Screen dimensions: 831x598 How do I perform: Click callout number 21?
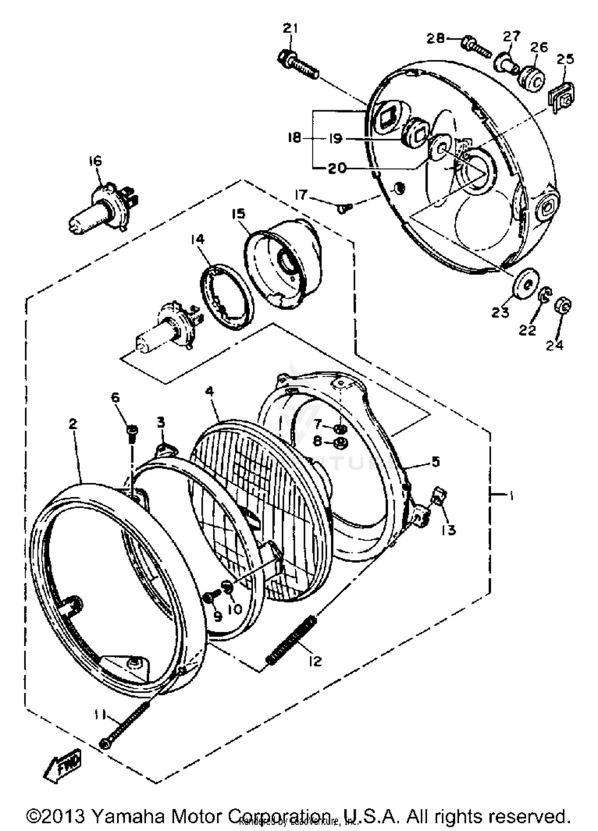(x=291, y=29)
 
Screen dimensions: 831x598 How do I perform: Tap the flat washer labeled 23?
(x=525, y=283)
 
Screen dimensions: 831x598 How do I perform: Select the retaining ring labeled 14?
(x=226, y=298)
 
